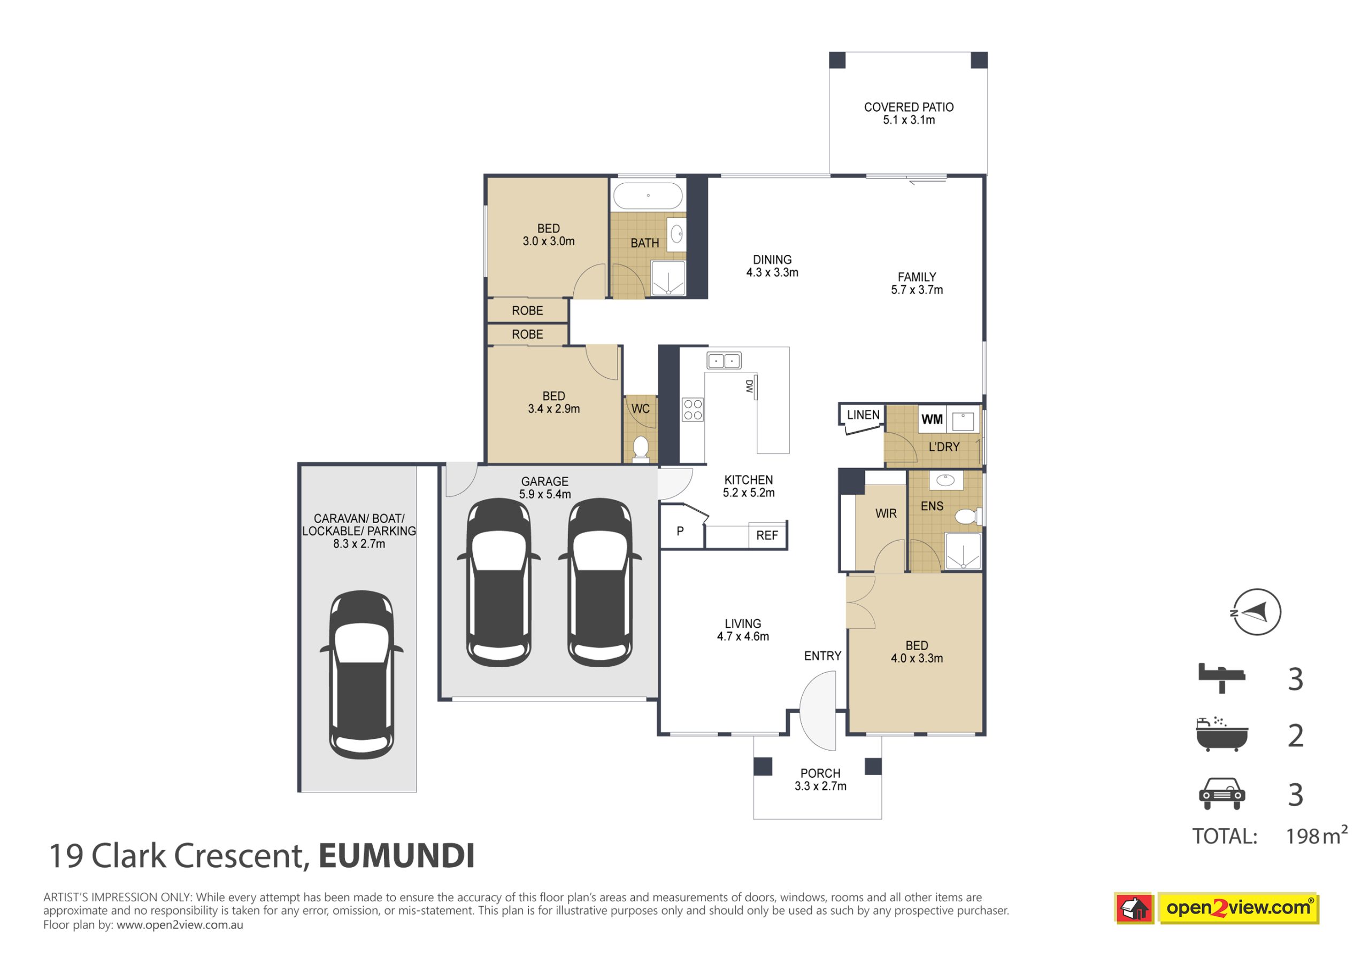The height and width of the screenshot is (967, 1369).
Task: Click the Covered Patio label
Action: point(909,113)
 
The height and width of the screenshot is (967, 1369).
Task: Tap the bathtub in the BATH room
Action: point(648,196)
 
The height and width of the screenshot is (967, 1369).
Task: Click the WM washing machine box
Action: point(932,419)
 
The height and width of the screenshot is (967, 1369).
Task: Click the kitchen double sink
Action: point(724,361)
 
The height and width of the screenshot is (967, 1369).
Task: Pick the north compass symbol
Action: point(1257,612)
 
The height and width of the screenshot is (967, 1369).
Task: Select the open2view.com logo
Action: point(1217,908)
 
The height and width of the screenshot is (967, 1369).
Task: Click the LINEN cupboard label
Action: point(863,415)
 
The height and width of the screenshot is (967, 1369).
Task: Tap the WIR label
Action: point(886,513)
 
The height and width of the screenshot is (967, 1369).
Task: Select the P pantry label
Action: point(680,531)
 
